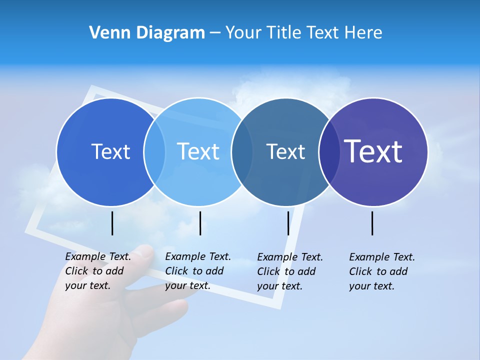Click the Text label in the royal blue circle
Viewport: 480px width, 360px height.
[x=110, y=151]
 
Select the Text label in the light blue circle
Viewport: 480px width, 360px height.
[x=198, y=151]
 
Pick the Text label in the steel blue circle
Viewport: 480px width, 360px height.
[x=285, y=151]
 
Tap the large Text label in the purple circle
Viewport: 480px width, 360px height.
[x=373, y=151]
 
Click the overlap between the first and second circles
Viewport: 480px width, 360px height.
[x=154, y=152]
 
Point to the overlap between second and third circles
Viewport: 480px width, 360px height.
[x=242, y=152]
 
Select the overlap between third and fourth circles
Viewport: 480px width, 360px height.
[x=329, y=152]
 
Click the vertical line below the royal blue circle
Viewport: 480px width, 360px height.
[x=112, y=223]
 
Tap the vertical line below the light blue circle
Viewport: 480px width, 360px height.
[x=200, y=223]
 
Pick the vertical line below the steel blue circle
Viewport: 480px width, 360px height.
[x=288, y=223]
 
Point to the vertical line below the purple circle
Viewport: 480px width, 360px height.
[x=372, y=223]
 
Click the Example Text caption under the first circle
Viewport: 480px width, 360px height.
[x=97, y=271]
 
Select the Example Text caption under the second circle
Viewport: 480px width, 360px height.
[x=197, y=271]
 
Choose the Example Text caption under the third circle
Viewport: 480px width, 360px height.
[x=289, y=271]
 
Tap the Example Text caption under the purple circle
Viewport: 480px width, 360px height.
[x=381, y=271]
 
